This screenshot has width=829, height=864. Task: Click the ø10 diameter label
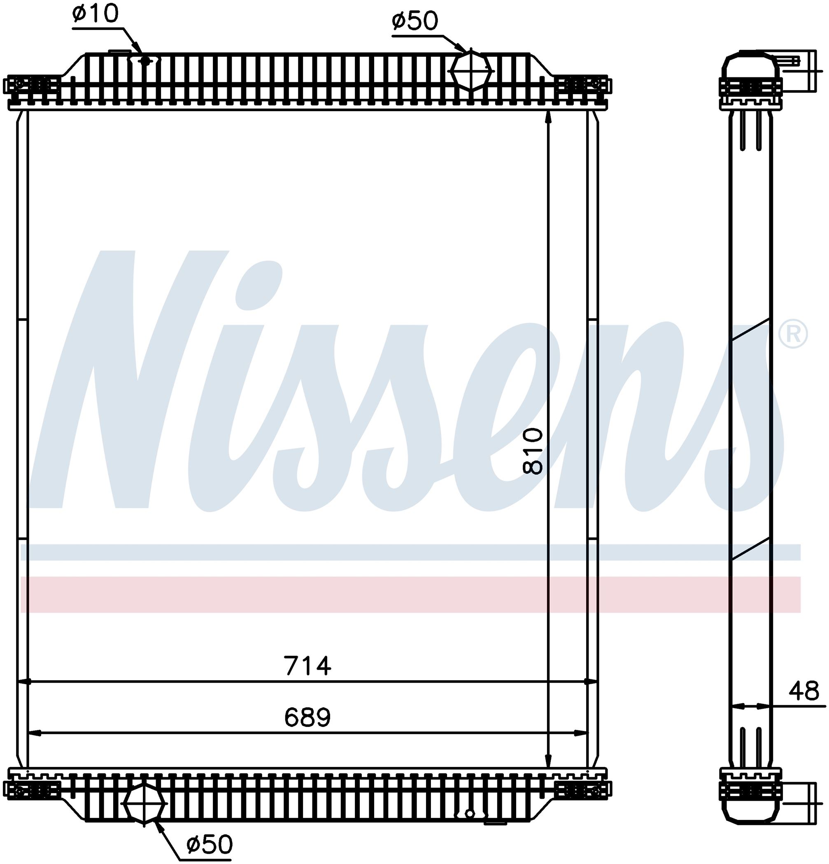95,14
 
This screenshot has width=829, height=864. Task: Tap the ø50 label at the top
414,21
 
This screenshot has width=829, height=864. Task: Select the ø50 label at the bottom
209,844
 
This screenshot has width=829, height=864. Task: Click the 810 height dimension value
533,451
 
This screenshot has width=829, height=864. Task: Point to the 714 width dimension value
307,666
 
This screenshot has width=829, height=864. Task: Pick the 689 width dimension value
307,717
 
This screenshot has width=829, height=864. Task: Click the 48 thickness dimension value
804,691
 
